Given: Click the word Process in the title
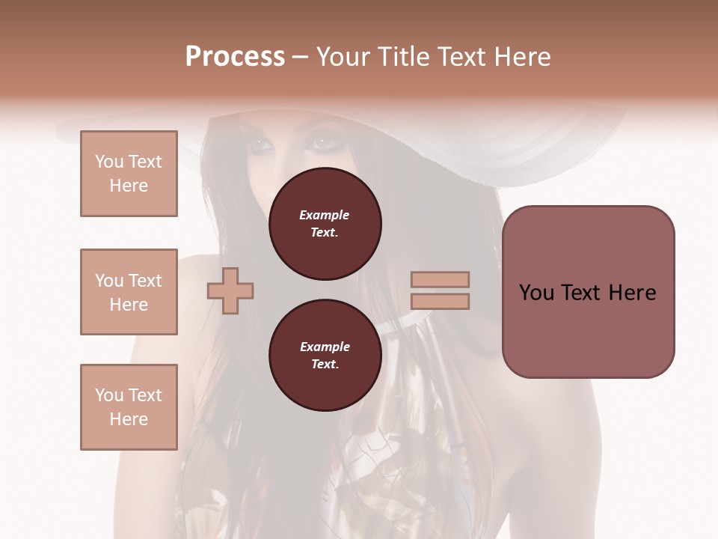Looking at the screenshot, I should [x=235, y=57].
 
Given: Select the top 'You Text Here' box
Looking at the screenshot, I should [x=129, y=174].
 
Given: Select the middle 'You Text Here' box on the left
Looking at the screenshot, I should [x=129, y=292].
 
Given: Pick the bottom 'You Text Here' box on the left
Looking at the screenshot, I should [x=129, y=406].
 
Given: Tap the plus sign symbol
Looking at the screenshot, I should [x=230, y=291].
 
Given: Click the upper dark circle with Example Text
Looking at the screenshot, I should [x=325, y=224].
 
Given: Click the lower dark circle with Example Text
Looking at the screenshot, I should [x=325, y=356].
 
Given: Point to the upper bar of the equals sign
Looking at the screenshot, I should [x=440, y=280].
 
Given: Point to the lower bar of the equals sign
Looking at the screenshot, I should [x=440, y=301].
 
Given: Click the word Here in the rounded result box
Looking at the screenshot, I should [x=632, y=293].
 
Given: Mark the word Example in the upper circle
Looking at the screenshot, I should [x=325, y=215].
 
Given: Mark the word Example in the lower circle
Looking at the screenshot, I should [x=325, y=347].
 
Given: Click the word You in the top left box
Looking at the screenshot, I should [x=108, y=162].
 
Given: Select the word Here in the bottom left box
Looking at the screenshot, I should [x=129, y=419].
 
